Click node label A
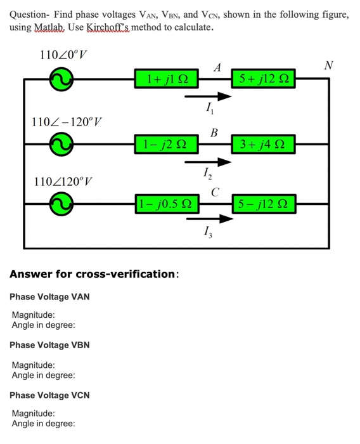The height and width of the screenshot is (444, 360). coord(217,67)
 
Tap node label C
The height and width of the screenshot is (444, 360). coord(215,191)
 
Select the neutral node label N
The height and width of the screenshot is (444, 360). coord(328,65)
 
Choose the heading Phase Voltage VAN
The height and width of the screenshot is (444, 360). coord(49,296)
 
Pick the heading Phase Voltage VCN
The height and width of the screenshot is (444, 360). coord(49,395)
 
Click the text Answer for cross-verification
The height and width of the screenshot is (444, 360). coord(94,274)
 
